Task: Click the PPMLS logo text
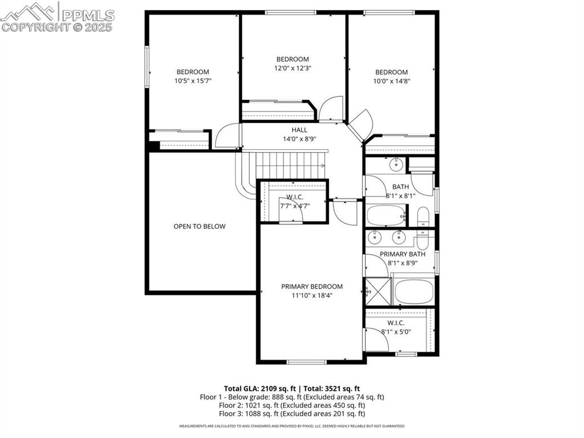pyautogui.click(x=86, y=15)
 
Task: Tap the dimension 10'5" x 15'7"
pyautogui.click(x=193, y=81)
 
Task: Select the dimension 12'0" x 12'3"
pyautogui.click(x=293, y=68)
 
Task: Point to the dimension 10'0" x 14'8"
pyautogui.click(x=391, y=81)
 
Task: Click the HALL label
pyautogui.click(x=299, y=130)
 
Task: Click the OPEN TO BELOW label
pyautogui.click(x=200, y=226)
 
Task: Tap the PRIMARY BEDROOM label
pyautogui.click(x=312, y=286)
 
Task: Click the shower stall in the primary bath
pyautogui.click(x=378, y=291)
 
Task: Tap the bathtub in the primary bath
pyautogui.click(x=415, y=291)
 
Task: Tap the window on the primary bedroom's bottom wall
pyautogui.click(x=306, y=362)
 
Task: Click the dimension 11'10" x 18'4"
pyautogui.click(x=312, y=295)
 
